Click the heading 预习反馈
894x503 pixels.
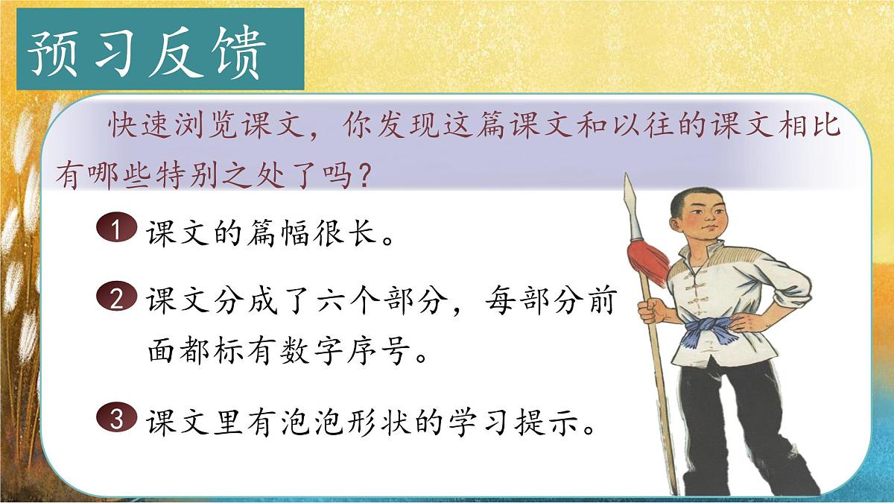coord(147,54)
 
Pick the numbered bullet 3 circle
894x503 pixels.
coord(115,419)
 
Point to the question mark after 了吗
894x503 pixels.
coord(361,177)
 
